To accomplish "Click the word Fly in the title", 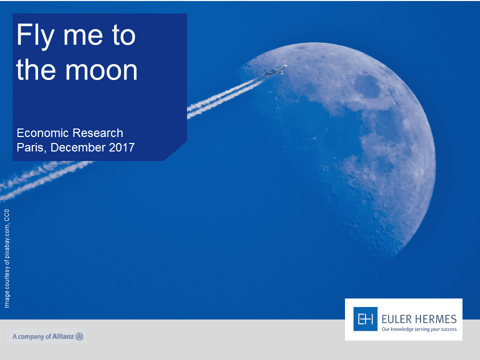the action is [35, 36].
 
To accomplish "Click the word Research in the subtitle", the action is [98, 133].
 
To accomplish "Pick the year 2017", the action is [122, 147].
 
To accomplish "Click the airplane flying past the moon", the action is [274, 70].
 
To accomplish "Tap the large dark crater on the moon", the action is [367, 86].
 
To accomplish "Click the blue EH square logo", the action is [365, 319].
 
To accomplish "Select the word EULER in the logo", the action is [396, 319].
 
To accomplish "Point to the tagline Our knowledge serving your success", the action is [419, 329].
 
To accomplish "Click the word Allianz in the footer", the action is [63, 336].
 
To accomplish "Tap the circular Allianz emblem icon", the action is [79, 336].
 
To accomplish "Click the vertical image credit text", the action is [6, 258].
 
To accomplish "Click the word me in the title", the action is [82, 36].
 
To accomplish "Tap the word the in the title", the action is [36, 70].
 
